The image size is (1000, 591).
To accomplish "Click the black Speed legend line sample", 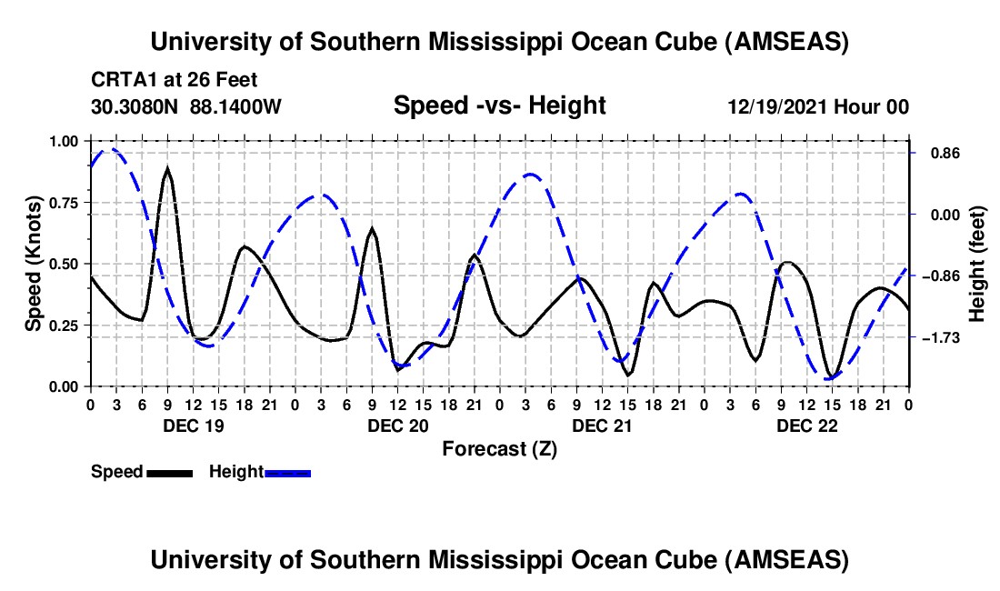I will [x=169, y=472].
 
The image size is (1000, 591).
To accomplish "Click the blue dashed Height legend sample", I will [x=287, y=472].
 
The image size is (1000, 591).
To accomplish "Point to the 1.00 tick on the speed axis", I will [x=63, y=141].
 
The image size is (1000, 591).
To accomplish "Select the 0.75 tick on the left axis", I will [x=63, y=202].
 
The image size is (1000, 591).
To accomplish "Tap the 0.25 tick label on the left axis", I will [x=63, y=325].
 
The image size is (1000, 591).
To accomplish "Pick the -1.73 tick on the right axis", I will [x=936, y=337].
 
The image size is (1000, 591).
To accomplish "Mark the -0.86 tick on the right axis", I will [x=936, y=275].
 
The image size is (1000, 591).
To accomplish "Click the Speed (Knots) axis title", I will [x=34, y=264].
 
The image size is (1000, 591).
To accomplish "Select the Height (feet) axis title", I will [x=978, y=264].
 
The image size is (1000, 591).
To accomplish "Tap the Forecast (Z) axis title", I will [x=498, y=448].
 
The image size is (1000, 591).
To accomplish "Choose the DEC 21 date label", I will [x=602, y=426].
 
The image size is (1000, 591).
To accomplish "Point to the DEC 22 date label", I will [x=806, y=426].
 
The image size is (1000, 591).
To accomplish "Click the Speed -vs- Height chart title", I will [x=499, y=105].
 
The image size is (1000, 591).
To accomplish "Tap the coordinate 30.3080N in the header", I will [x=136, y=106].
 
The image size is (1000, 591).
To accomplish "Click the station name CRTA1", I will [x=121, y=80].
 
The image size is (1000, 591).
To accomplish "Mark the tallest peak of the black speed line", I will [x=167, y=169].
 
